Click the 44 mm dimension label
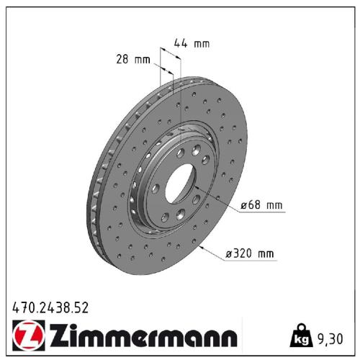coord(191,44)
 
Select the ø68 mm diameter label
coord(261,206)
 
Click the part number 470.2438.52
coord(50,308)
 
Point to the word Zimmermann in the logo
coord(142,337)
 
